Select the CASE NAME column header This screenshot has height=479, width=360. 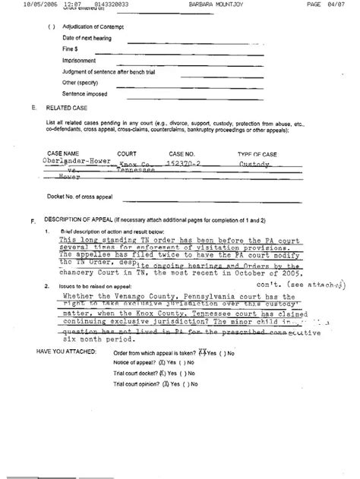point(62,153)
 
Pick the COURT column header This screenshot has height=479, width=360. point(127,153)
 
